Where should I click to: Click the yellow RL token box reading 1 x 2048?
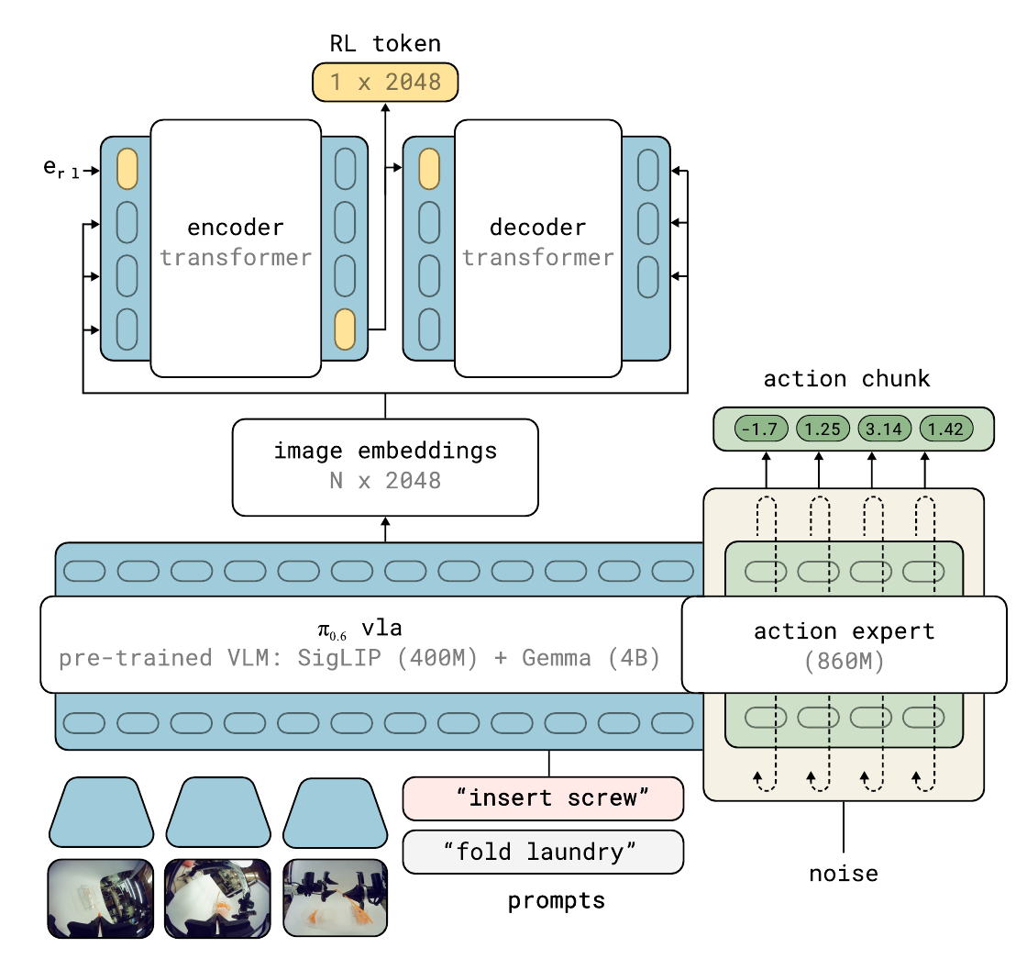[385, 82]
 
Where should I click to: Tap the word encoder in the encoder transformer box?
[235, 228]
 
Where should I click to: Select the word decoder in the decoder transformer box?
[537, 228]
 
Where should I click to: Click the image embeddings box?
[385, 467]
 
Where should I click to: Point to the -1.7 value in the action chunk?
[761, 429]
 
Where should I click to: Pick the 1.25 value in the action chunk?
[823, 429]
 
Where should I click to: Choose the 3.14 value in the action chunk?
[884, 429]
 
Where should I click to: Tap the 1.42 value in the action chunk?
[946, 429]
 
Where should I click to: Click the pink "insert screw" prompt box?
[543, 798]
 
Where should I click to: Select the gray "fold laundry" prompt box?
[543, 853]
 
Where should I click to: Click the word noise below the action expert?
[844, 874]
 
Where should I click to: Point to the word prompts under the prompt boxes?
[556, 901]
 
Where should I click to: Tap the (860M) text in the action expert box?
[844, 661]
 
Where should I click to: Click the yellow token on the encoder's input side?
[127, 169]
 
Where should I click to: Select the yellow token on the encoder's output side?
[345, 329]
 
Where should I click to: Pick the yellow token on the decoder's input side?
[429, 169]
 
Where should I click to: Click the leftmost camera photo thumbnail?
[101, 898]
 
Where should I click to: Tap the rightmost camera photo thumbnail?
[336, 898]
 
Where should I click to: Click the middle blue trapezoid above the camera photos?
[218, 812]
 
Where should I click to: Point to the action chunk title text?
[846, 378]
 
